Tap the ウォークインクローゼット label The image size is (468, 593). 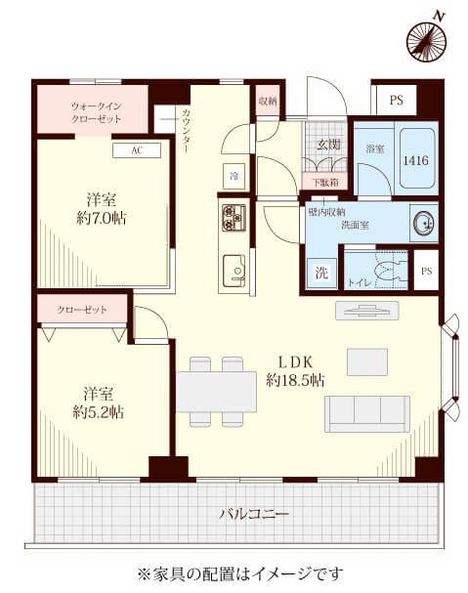tap(95, 111)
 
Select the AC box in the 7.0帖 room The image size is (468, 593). tap(136, 150)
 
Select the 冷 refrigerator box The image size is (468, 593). tap(234, 177)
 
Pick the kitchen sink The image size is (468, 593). tap(234, 268)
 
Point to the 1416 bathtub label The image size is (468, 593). tap(416, 159)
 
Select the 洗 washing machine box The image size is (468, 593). tap(321, 274)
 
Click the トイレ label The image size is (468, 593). tap(360, 283)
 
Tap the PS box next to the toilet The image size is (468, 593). tap(426, 271)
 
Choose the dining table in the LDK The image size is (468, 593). tap(216, 390)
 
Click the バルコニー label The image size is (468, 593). tap(240, 514)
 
